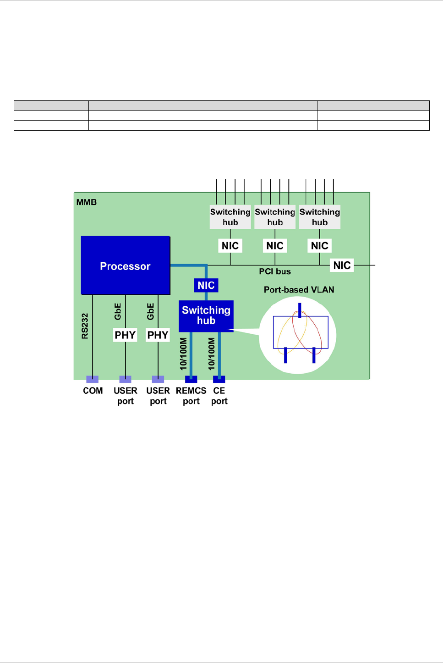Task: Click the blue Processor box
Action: click(125, 265)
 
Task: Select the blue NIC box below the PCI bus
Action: click(206, 285)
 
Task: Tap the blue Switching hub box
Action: click(206, 315)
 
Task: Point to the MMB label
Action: click(87, 202)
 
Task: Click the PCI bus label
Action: click(275, 271)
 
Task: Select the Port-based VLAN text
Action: click(299, 290)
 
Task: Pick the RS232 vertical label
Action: click(85, 326)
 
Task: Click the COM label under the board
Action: click(93, 391)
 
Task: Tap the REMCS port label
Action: click(191, 396)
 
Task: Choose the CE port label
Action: click(219, 396)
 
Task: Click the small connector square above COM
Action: click(93, 379)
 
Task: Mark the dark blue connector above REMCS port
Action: click(191, 379)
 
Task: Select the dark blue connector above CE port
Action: click(219, 379)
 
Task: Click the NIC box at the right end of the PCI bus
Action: click(342, 265)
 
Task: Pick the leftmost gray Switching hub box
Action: click(230, 217)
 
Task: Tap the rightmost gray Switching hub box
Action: click(320, 217)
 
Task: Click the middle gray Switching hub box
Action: click(275, 217)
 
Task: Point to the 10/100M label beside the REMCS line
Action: click(184, 354)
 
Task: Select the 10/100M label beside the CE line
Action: click(212, 354)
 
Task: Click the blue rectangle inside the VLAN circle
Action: click(301, 332)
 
